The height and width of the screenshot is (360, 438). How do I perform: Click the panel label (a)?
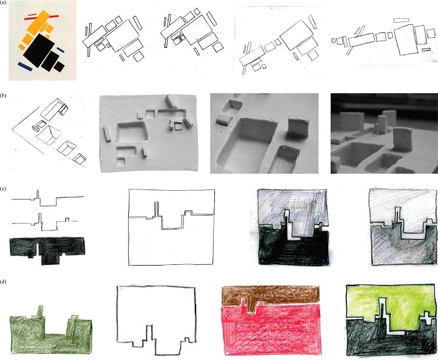(3, 2)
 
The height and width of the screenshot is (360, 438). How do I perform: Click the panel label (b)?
(3, 95)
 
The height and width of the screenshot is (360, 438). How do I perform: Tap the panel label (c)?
(3, 189)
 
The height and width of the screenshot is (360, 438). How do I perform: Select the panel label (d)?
(3, 282)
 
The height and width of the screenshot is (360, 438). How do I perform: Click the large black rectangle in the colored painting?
(39, 51)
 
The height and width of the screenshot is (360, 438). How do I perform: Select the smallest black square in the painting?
(59, 66)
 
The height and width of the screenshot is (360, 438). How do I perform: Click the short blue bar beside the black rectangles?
(61, 50)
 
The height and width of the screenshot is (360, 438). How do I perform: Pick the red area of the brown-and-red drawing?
(270, 330)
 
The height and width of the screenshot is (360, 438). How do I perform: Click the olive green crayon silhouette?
(51, 336)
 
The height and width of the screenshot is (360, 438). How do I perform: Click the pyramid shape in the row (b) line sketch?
(49, 135)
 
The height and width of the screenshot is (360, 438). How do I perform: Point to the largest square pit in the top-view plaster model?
(131, 132)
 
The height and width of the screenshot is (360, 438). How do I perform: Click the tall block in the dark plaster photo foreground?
(402, 139)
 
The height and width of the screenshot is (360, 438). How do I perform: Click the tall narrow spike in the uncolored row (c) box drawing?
(157, 208)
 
